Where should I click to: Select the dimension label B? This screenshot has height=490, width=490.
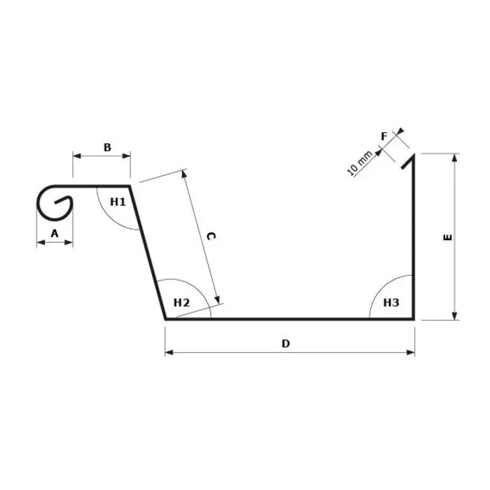(x=107, y=147)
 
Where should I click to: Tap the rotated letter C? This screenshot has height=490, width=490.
(x=210, y=237)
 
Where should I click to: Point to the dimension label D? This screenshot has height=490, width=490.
(x=286, y=343)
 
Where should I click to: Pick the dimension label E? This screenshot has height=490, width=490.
(x=448, y=237)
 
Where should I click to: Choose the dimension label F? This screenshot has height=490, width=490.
(x=384, y=136)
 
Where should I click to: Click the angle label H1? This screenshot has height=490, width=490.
(x=118, y=202)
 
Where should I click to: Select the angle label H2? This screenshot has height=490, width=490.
(x=181, y=302)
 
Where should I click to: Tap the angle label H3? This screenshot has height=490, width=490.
(x=391, y=302)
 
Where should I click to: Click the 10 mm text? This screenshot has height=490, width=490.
(x=360, y=164)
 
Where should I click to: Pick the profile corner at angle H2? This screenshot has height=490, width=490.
(x=167, y=319)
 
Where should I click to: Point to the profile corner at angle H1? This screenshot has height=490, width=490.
(x=129, y=186)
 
